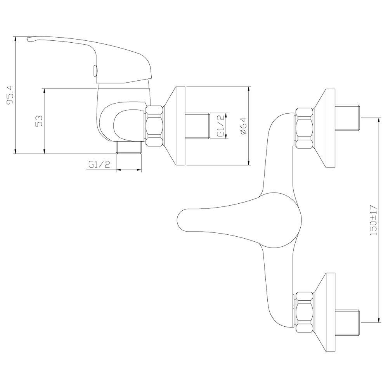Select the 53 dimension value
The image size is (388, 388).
point(40,121)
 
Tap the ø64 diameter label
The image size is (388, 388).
point(243,126)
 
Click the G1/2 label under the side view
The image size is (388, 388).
point(99,164)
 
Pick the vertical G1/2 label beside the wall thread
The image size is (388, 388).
point(221,125)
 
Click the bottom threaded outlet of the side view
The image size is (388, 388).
point(129,148)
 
